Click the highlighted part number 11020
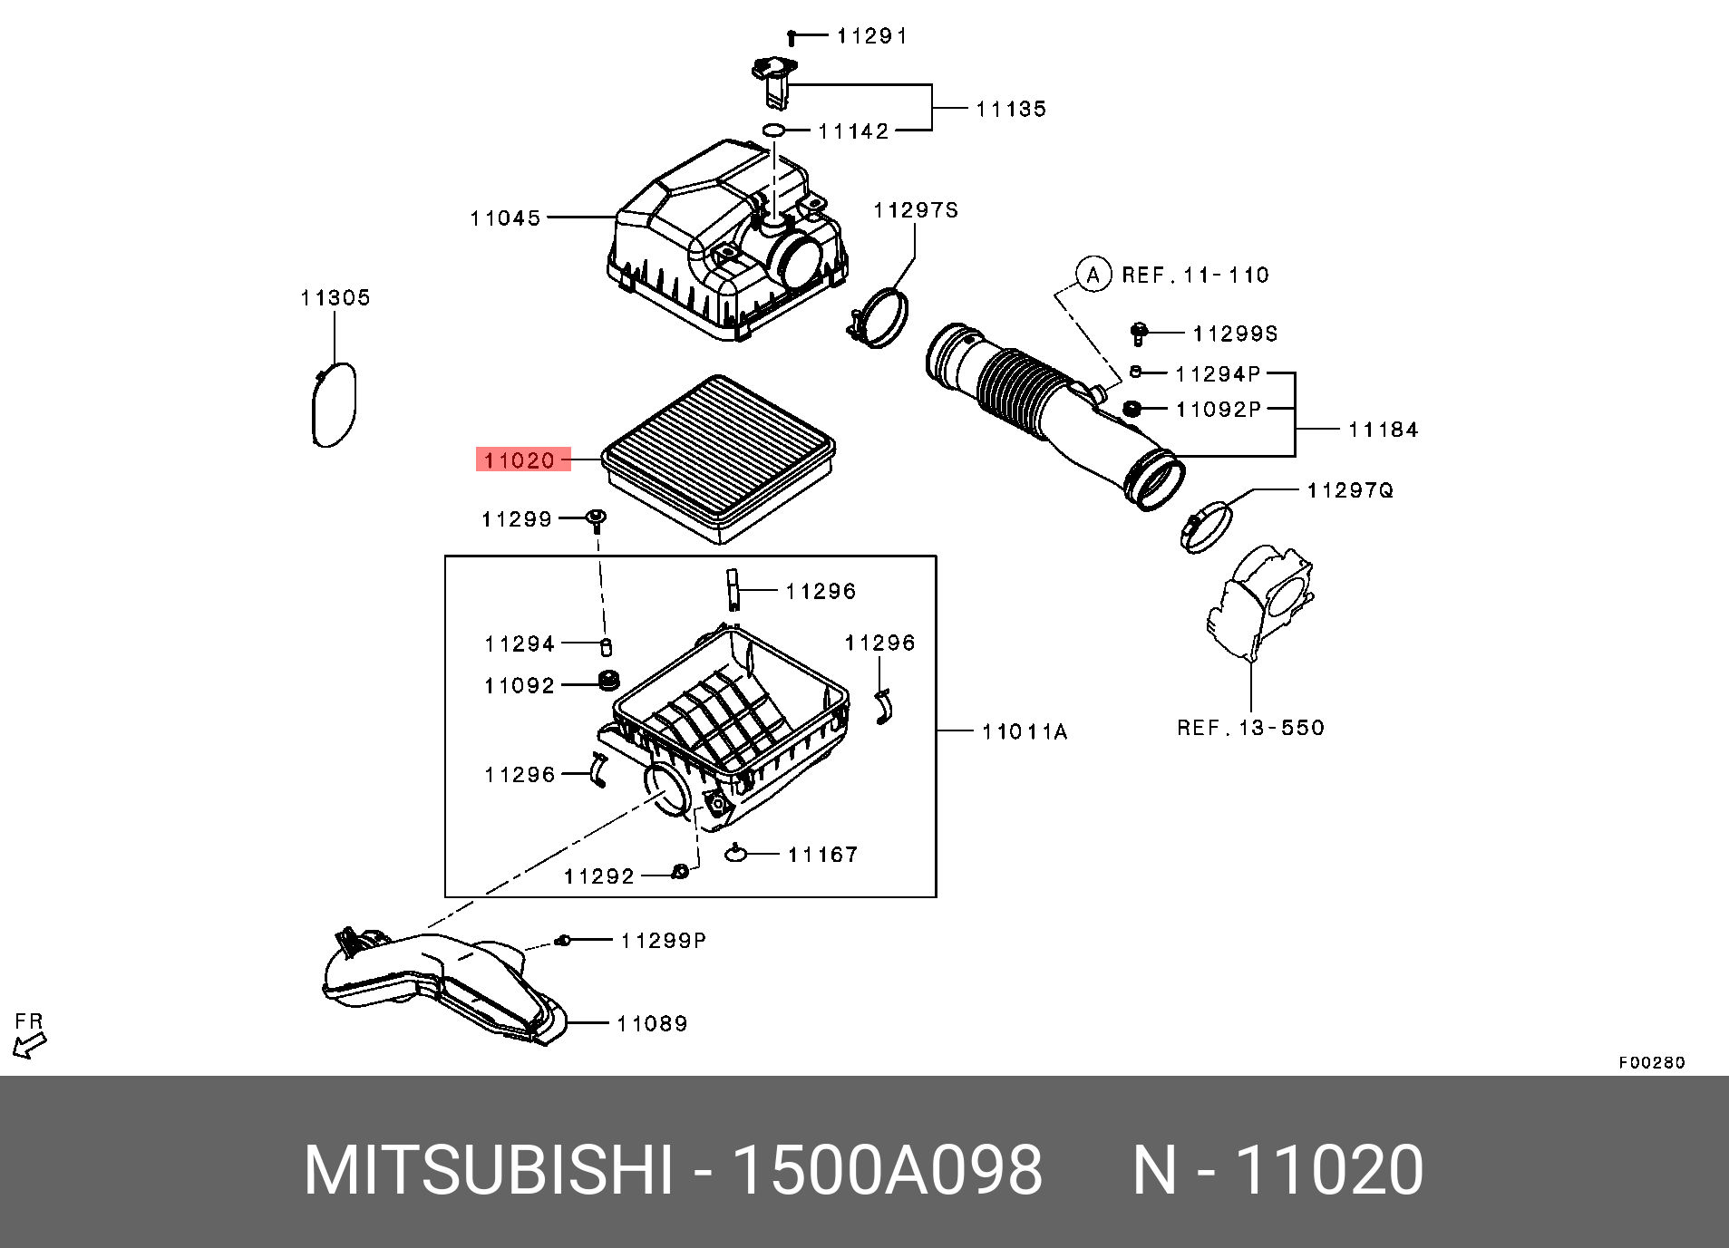pyautogui.click(x=519, y=460)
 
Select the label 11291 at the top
pyautogui.click(x=871, y=36)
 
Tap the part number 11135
pyautogui.click(x=1011, y=110)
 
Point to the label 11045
pyautogui.click(x=505, y=218)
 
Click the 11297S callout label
pyautogui.click(x=915, y=210)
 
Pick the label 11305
pyautogui.click(x=335, y=298)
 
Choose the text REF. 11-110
pyautogui.click(x=1195, y=276)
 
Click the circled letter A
pyautogui.click(x=1093, y=275)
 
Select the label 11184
pyautogui.click(x=1383, y=430)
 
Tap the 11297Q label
pyautogui.click(x=1349, y=490)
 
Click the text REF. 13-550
pyautogui.click(x=1250, y=728)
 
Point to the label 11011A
pyautogui.click(x=1025, y=731)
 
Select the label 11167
pyautogui.click(x=822, y=855)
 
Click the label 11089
pyautogui.click(x=652, y=1024)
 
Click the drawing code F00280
pyautogui.click(x=1651, y=1062)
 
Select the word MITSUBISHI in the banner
pyautogui.click(x=489, y=1170)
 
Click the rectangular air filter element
pyautogui.click(x=718, y=453)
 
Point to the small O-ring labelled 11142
pyautogui.click(x=773, y=131)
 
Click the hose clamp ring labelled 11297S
pyautogui.click(x=880, y=316)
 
